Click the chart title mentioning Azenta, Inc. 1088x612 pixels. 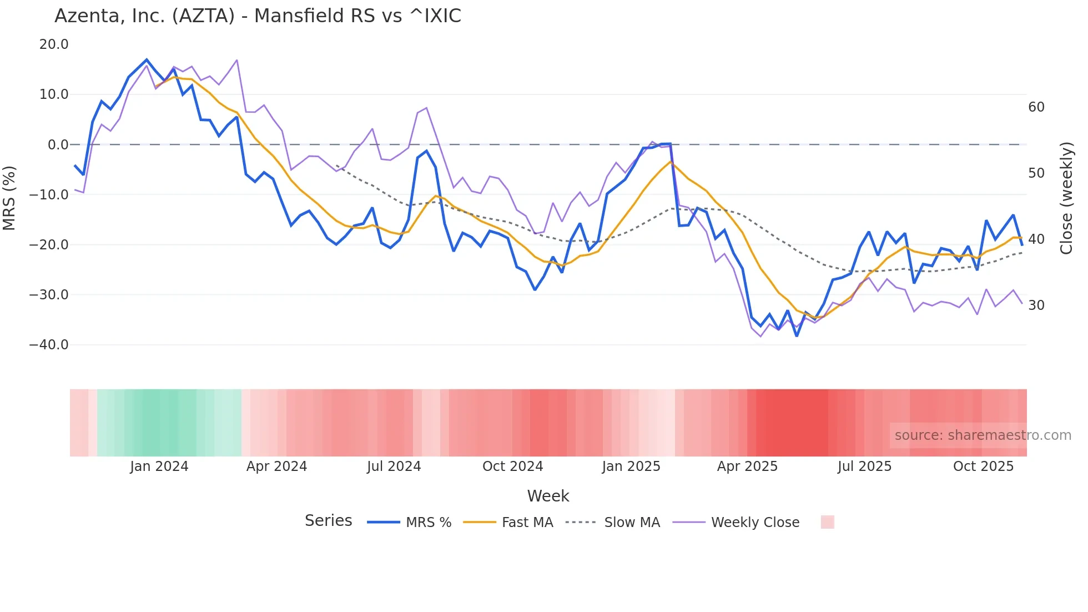[258, 16]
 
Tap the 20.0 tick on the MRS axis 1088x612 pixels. [54, 44]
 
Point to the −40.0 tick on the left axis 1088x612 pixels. [49, 344]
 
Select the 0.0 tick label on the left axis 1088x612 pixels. [58, 145]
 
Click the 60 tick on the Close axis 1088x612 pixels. [1036, 107]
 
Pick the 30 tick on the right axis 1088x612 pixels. [1036, 305]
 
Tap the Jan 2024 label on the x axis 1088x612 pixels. [159, 466]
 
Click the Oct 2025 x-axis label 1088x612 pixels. [983, 466]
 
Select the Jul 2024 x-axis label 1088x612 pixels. [394, 466]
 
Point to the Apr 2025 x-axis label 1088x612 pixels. [747, 466]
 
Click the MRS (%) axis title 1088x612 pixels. [9, 198]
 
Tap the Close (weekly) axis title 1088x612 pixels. [1066, 198]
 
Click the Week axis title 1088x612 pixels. [548, 496]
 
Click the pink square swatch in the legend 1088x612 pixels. [827, 522]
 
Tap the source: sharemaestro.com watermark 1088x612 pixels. [983, 435]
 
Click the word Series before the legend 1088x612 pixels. [328, 521]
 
